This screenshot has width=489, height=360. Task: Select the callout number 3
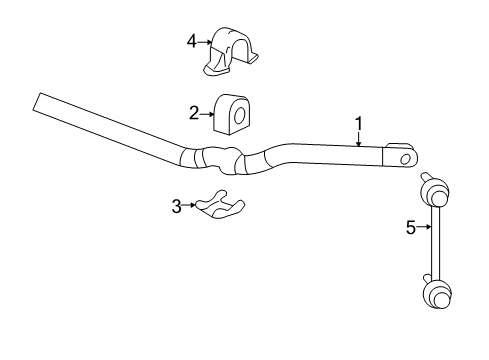(176, 207)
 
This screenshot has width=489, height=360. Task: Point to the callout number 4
(192, 41)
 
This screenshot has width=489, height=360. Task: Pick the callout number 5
(410, 228)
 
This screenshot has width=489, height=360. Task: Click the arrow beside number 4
(207, 42)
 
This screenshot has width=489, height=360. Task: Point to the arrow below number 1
(359, 142)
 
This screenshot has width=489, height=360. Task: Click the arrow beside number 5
(424, 228)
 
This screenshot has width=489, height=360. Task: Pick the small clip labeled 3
(221, 204)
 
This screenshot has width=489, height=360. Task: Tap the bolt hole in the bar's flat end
(405, 158)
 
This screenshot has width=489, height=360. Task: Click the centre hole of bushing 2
(240, 116)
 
